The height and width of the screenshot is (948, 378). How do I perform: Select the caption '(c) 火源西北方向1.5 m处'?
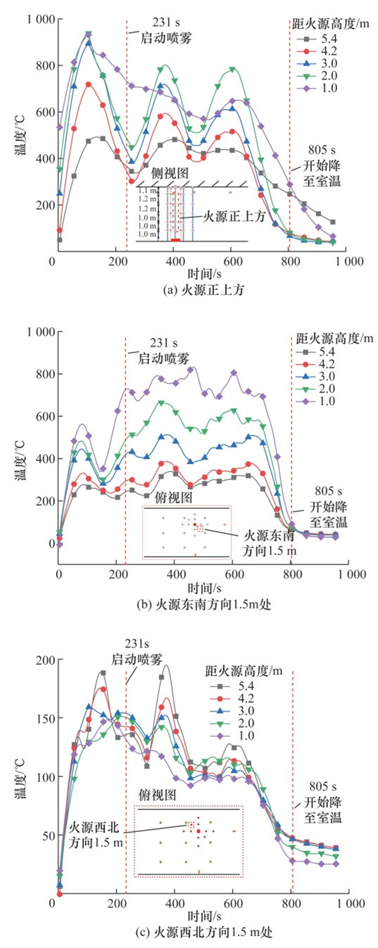pyautogui.click(x=204, y=932)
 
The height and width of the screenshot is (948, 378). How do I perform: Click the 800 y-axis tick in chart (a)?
pyautogui.click(x=45, y=66)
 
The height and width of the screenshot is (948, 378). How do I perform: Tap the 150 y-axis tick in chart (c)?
pyautogui.click(x=45, y=718)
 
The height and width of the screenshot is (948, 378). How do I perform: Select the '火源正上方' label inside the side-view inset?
pyautogui.click(x=234, y=217)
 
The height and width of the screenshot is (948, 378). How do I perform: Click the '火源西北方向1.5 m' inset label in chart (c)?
pyautogui.click(x=96, y=834)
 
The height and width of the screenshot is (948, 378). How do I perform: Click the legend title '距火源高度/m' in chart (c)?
pyautogui.click(x=244, y=671)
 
